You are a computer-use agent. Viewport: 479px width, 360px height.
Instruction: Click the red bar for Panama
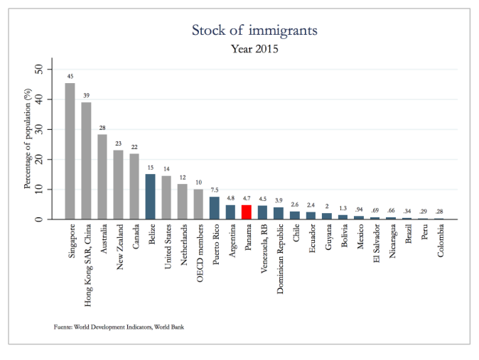click(247, 212)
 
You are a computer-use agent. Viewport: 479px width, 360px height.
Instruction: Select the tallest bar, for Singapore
click(70, 151)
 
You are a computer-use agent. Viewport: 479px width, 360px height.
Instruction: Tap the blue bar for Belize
click(150, 197)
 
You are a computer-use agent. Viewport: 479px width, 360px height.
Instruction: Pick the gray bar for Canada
click(134, 186)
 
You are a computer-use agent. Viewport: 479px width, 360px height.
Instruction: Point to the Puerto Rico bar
click(215, 208)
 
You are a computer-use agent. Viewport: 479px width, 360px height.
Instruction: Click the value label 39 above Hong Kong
click(87, 96)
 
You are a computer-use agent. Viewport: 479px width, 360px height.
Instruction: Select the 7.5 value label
click(215, 190)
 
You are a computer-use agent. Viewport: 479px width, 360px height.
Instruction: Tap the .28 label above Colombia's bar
click(439, 212)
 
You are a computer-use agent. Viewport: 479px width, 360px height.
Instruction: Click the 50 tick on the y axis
click(39, 70)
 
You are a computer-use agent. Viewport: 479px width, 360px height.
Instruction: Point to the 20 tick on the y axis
click(39, 159)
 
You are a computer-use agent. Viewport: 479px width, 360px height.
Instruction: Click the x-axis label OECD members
click(200, 253)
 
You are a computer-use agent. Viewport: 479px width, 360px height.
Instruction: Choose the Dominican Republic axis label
click(280, 259)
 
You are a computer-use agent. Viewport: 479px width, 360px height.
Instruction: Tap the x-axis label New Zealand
click(119, 247)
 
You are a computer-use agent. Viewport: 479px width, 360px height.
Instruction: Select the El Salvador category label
click(377, 244)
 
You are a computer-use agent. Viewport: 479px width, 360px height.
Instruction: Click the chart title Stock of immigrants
click(254, 31)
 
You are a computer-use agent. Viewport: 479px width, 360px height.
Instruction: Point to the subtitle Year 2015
click(254, 49)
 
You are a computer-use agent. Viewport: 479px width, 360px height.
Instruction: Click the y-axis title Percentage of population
click(28, 138)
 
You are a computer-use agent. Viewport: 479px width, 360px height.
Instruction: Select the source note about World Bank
click(119, 327)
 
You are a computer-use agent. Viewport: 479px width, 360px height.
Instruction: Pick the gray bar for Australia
click(102, 177)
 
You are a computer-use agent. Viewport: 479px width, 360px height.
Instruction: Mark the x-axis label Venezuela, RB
click(264, 249)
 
